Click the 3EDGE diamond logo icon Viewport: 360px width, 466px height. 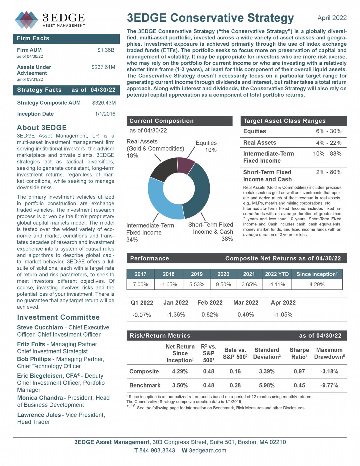pos(26,20)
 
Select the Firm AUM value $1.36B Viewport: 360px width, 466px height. pos(106,50)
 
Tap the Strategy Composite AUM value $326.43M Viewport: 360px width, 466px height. pos(104,103)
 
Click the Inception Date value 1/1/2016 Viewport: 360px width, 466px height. pos(105,114)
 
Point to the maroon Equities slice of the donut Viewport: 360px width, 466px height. pos(186,165)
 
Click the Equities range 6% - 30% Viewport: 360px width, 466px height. pos(328,131)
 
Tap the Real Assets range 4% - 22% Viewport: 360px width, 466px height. pos(328,143)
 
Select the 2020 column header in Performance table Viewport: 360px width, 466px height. pos(223,274)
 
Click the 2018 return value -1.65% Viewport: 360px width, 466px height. pos(169,284)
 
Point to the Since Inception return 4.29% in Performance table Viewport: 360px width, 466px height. pos(317,284)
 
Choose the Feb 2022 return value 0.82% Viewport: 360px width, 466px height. pos(210,315)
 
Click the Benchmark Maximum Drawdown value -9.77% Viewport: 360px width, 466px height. pos(329,385)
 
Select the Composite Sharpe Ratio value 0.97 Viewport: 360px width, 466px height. pos(299,371)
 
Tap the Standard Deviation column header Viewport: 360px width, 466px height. pos(267,353)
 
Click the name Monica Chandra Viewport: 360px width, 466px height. pos(40,398)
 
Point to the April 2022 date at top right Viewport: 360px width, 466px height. pos(332,18)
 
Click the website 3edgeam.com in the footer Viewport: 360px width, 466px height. pos(207,451)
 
